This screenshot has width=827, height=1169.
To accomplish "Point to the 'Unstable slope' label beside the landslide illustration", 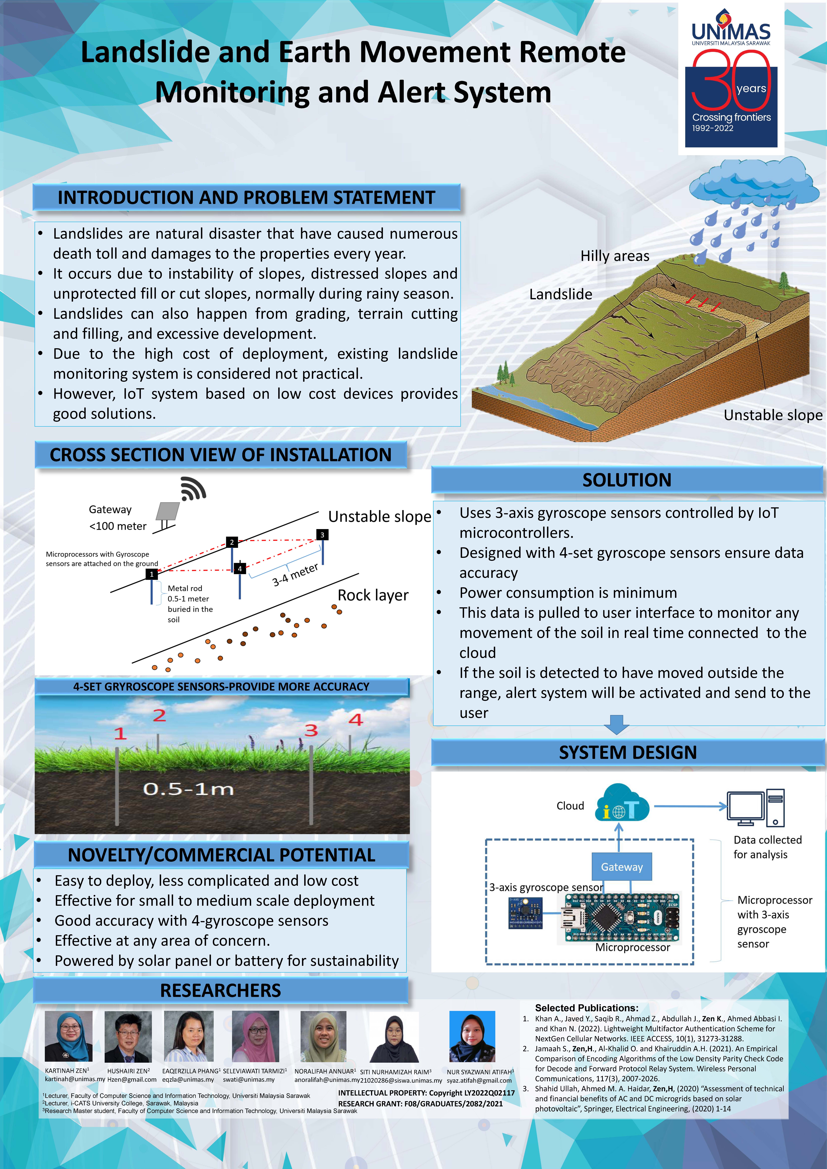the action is pyautogui.click(x=773, y=415).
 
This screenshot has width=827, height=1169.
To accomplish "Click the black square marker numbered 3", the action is pyautogui.click(x=322, y=535).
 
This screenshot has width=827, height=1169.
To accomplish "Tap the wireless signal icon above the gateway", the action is pyautogui.click(x=193, y=489).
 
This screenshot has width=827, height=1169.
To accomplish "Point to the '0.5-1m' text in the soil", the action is pyautogui.click(x=188, y=789).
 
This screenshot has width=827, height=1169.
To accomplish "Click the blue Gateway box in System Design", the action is pyautogui.click(x=622, y=867).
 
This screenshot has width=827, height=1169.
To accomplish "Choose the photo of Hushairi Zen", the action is pyautogui.click(x=128, y=1037).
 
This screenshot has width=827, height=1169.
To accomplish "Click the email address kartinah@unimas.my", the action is pyautogui.click(x=75, y=1079).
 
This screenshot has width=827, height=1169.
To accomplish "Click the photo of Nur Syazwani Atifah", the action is pyautogui.click(x=472, y=1037).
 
